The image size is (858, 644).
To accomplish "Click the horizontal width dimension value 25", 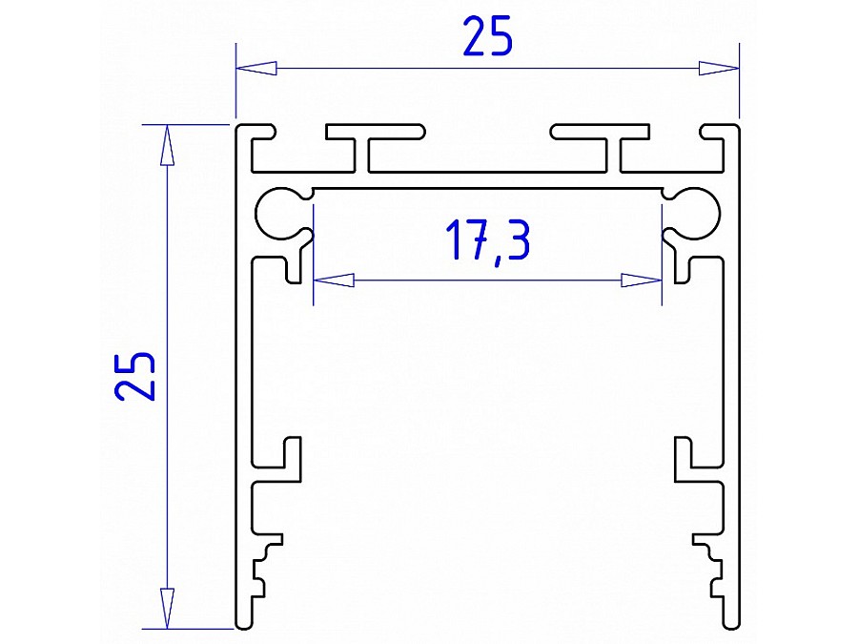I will (x=487, y=37).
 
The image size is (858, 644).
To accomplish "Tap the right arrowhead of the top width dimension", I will (x=718, y=68).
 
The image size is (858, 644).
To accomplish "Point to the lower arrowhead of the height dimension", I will (x=167, y=608).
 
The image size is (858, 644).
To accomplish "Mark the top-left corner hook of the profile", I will (x=255, y=134).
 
